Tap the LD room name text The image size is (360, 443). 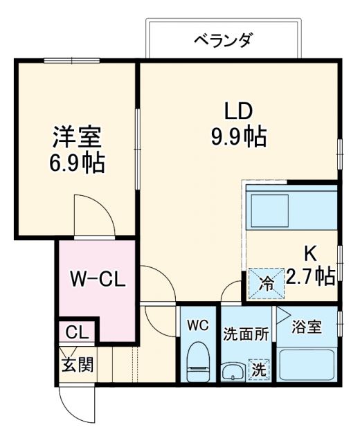point(238,110)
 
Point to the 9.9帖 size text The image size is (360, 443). point(238,136)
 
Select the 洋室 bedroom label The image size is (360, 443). point(77,136)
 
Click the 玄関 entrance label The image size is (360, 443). point(76,363)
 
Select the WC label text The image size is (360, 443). point(198,323)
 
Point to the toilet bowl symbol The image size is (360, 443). point(199,360)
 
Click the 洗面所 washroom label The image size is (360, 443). point(246,332)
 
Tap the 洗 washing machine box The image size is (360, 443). point(258,370)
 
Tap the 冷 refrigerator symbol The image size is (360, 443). point(265,282)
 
